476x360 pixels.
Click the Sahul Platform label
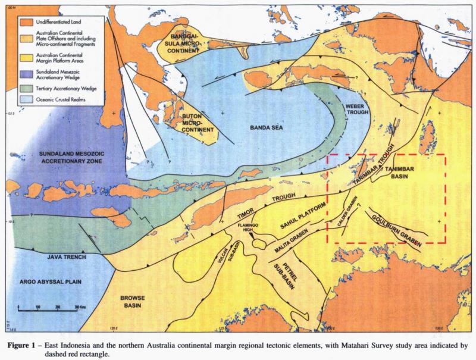pos(303,217)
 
